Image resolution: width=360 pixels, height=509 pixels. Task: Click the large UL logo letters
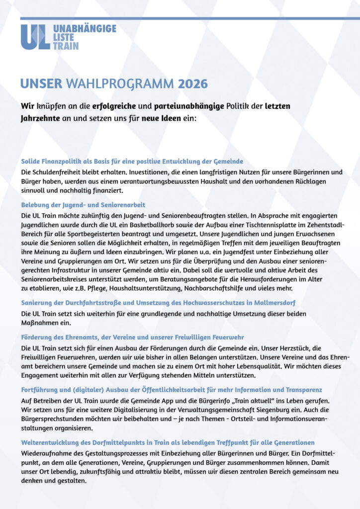point(35,36)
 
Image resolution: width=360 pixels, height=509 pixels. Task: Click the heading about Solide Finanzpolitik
point(132,162)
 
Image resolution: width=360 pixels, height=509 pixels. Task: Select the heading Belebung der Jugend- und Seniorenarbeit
point(83,205)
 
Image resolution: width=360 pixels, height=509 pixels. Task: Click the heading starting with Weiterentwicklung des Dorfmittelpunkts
point(168,442)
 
